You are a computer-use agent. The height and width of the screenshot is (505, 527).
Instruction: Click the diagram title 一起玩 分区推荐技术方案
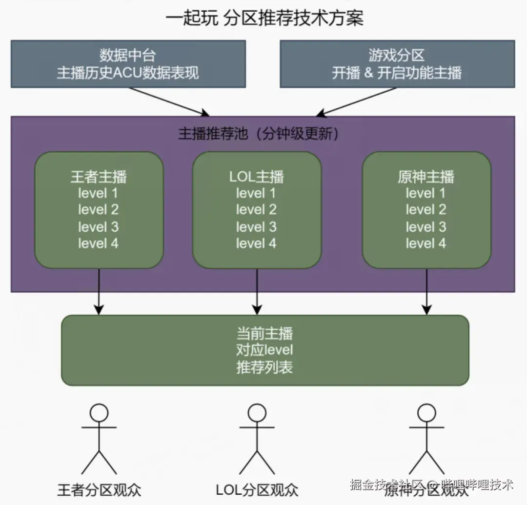[264, 19]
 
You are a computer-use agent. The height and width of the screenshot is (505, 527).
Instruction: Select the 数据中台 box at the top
[128, 64]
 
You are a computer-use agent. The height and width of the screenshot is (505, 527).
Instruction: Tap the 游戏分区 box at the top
[397, 64]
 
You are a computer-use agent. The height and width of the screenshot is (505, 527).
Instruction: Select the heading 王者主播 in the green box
[99, 177]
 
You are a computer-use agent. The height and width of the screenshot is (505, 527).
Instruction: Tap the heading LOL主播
[257, 177]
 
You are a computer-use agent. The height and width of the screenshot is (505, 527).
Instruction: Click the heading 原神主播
[426, 177]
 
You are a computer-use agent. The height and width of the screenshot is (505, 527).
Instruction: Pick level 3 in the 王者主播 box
[99, 227]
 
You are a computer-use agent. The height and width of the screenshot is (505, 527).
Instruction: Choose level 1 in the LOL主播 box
[257, 193]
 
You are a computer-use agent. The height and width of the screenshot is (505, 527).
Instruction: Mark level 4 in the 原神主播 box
[426, 243]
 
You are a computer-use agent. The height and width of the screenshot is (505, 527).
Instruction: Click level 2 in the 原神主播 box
[426, 210]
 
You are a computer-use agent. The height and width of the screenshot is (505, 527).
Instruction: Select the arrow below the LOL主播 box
[257, 292]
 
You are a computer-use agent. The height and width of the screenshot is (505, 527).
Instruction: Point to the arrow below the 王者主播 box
[99, 292]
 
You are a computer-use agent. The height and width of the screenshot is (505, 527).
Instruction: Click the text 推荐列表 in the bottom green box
[264, 367]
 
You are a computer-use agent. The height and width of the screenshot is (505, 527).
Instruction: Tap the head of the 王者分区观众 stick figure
[99, 413]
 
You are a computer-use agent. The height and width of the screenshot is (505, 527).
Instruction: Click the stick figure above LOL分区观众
[257, 439]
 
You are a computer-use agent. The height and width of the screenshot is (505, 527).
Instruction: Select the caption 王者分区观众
[99, 489]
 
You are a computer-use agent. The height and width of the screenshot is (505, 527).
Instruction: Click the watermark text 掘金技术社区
[385, 485]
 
